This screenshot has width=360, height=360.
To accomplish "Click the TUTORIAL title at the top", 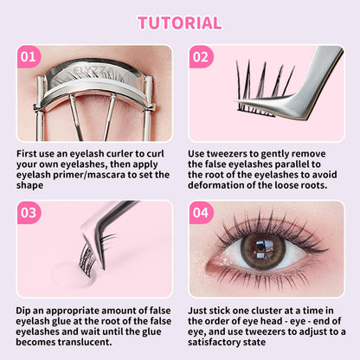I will pos(180,22).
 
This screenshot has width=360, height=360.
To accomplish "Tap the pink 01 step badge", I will pos(29,58).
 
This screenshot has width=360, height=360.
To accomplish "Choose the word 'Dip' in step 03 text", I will pos(25,309).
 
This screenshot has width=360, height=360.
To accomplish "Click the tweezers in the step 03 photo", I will pos(112,216).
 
